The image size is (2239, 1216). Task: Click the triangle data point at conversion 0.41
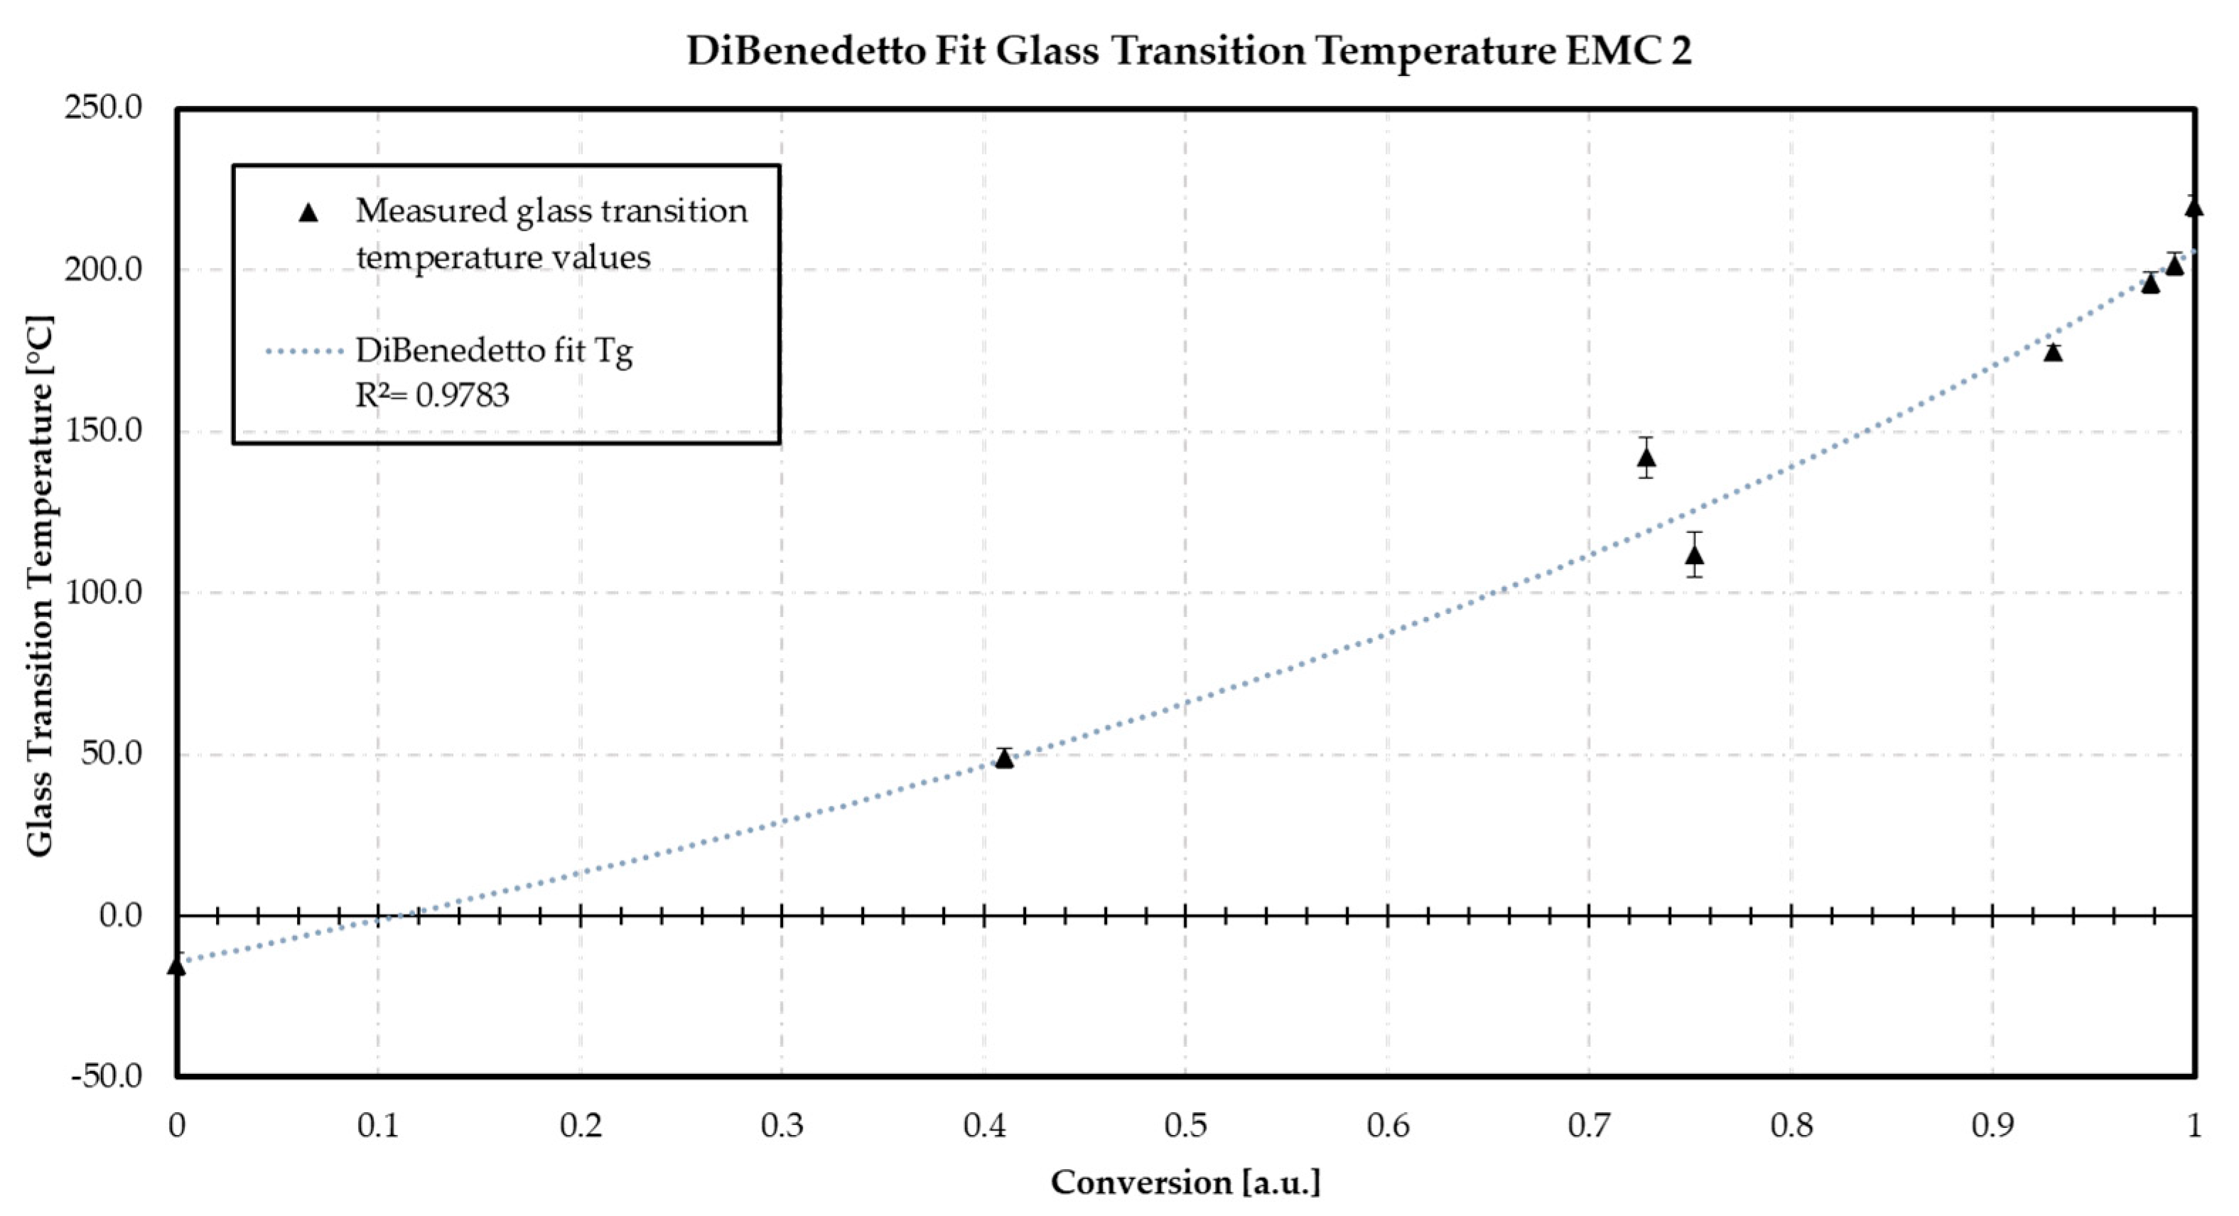[x=1004, y=759]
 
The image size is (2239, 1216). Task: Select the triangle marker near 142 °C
[x=1646, y=458]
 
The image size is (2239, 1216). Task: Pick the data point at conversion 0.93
[x=2053, y=352]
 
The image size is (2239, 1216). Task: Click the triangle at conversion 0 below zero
[x=176, y=966]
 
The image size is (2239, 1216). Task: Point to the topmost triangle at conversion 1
[x=2194, y=207]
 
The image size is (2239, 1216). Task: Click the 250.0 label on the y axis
[x=102, y=109]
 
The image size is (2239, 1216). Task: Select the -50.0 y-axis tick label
[x=107, y=1077]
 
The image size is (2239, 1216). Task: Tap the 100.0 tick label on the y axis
[x=102, y=593]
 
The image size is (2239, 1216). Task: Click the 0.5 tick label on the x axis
[x=1185, y=1126]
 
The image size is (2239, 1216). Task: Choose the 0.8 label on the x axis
[x=1791, y=1126]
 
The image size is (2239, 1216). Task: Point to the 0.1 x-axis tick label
[x=377, y=1126]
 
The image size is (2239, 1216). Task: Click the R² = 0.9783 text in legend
[x=432, y=395]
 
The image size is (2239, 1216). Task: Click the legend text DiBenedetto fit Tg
[x=494, y=351]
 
